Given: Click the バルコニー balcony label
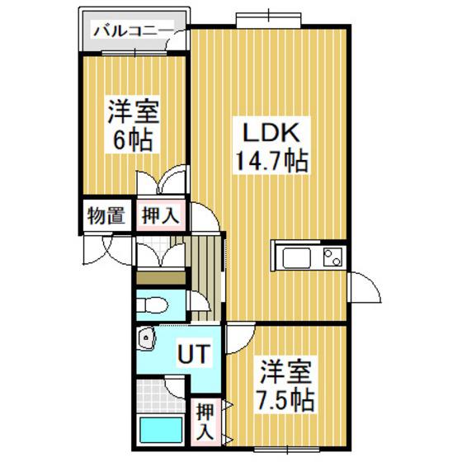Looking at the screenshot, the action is [132, 31].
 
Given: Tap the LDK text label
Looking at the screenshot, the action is [271, 133].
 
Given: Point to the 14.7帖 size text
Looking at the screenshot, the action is [271, 161].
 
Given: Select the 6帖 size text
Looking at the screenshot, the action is [133, 140].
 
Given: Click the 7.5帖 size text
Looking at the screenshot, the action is [285, 400].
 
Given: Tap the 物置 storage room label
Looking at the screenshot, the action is [106, 215].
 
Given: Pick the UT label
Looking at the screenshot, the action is [195, 354].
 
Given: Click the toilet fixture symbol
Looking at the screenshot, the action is [152, 304].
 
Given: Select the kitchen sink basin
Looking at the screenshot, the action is [297, 258].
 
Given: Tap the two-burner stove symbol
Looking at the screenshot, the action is [333, 257].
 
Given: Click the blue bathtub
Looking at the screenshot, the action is [161, 429].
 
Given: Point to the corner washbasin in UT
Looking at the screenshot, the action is [147, 338].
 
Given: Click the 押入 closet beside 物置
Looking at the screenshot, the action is [161, 215].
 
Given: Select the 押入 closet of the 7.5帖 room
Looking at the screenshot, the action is [205, 422].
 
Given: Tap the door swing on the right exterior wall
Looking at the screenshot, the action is [365, 287].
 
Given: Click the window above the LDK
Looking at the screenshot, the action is [269, 20].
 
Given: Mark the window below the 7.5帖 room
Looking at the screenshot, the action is [287, 450].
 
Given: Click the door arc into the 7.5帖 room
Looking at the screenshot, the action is [240, 338].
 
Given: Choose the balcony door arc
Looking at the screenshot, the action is [177, 40].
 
